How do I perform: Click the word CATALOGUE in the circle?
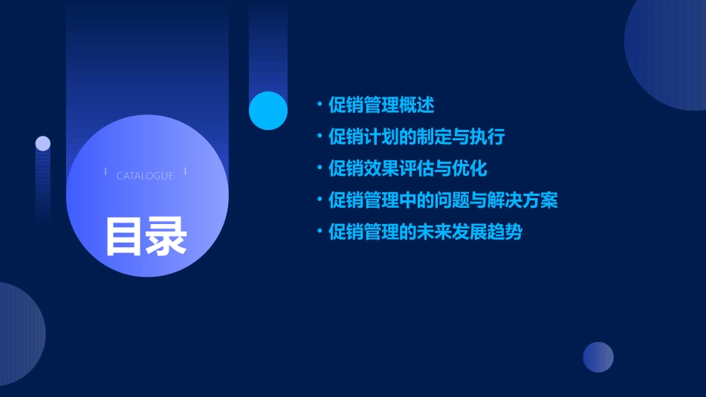145,176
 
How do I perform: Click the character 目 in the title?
124,236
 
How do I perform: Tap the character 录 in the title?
166,236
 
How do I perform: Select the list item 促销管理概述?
381,105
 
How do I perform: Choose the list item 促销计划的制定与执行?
417,137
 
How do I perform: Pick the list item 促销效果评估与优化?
408,168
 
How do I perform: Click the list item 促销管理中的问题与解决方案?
443,200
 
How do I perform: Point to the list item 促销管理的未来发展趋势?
426,232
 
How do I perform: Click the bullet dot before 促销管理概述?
320,104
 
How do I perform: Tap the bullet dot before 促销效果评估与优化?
320,168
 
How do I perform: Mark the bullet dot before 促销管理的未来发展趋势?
320,232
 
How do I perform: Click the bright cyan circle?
268,111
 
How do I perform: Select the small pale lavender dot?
43,143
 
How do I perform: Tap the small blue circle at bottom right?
598,357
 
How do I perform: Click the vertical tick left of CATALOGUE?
106,171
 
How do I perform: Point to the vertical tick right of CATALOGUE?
185,171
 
